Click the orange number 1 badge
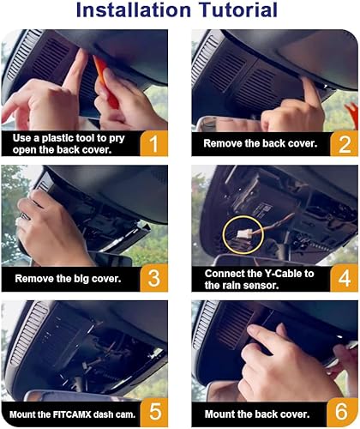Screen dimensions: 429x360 coord(152,142)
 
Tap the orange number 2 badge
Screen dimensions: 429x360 coord(341,142)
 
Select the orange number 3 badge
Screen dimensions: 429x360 coord(152,277)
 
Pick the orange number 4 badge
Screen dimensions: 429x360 coord(341,277)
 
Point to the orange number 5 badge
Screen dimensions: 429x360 coord(152,408)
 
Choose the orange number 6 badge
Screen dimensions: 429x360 coord(341,408)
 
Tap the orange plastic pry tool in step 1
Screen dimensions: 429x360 coord(108,82)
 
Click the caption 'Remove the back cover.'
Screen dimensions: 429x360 coord(257,142)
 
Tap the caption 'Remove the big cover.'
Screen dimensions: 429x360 coord(65,277)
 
